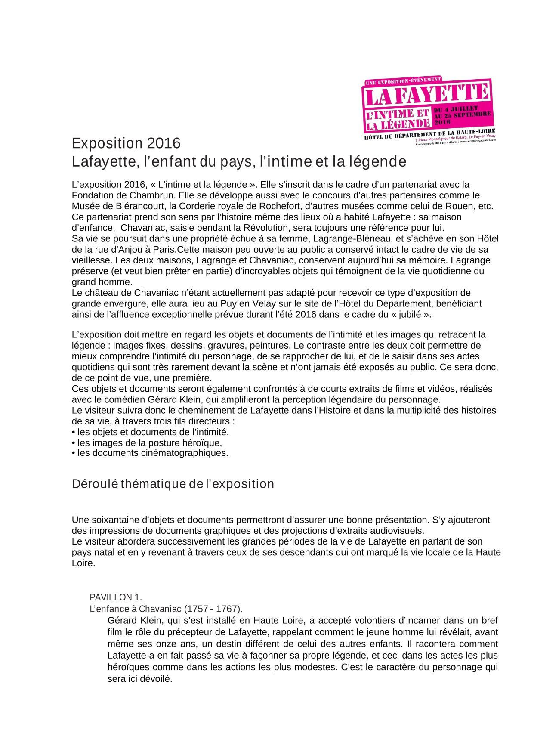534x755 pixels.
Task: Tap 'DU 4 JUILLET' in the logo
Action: tap(456, 109)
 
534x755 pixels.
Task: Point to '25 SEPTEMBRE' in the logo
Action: tap(469, 115)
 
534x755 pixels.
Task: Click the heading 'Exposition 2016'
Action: tap(126, 143)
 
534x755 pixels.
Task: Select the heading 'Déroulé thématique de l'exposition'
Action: tap(173, 484)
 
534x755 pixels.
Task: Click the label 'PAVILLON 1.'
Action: tap(116, 597)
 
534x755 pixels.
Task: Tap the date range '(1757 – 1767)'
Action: tap(213, 609)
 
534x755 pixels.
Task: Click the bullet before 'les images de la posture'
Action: tap(74, 443)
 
